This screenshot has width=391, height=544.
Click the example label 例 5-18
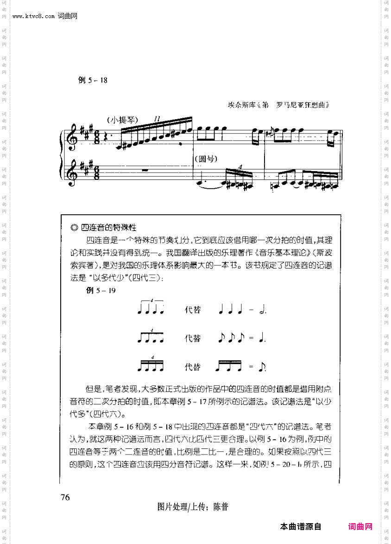[x=93, y=80]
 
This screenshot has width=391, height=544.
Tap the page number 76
[x=65, y=497]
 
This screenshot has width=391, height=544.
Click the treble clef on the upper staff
[x=73, y=138]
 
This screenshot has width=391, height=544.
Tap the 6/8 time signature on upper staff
[x=96, y=138]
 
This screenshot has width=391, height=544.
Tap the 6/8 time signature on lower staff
[x=96, y=174]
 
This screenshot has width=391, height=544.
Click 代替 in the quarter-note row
[x=193, y=310]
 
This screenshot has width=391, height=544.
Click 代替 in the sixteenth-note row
[x=193, y=367]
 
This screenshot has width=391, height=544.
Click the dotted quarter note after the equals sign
[x=263, y=339]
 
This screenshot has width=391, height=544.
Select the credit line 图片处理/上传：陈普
[x=193, y=507]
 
